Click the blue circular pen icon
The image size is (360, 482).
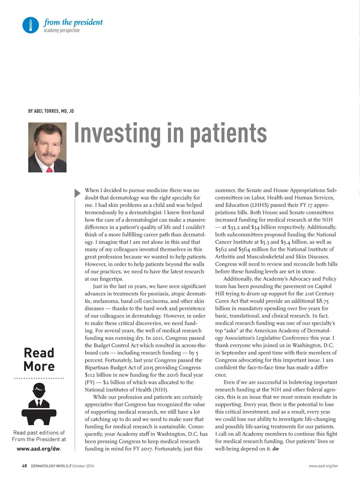[x=31, y=25]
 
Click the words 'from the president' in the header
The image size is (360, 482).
[x=73, y=22]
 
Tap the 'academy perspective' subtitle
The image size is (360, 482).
[x=62, y=31]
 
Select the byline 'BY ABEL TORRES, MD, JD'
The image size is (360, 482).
[x=51, y=111]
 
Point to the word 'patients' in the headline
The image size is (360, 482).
[x=228, y=133]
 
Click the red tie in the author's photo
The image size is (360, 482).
[x=49, y=170]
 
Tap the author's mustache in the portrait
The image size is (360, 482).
[x=48, y=155]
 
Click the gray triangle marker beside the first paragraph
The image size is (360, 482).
[x=77, y=193]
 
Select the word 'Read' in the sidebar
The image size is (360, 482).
[x=39, y=353]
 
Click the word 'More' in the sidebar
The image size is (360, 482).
[x=39, y=367]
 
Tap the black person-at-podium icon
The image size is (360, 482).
[x=39, y=404]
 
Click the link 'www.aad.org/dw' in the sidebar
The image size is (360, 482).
[x=38, y=449]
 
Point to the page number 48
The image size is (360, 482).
[x=24, y=466]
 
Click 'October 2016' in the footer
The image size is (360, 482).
[x=83, y=466]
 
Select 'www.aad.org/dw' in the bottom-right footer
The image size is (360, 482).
[x=323, y=466]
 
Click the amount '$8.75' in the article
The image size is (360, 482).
[x=322, y=301]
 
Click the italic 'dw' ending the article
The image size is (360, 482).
[x=275, y=449]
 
